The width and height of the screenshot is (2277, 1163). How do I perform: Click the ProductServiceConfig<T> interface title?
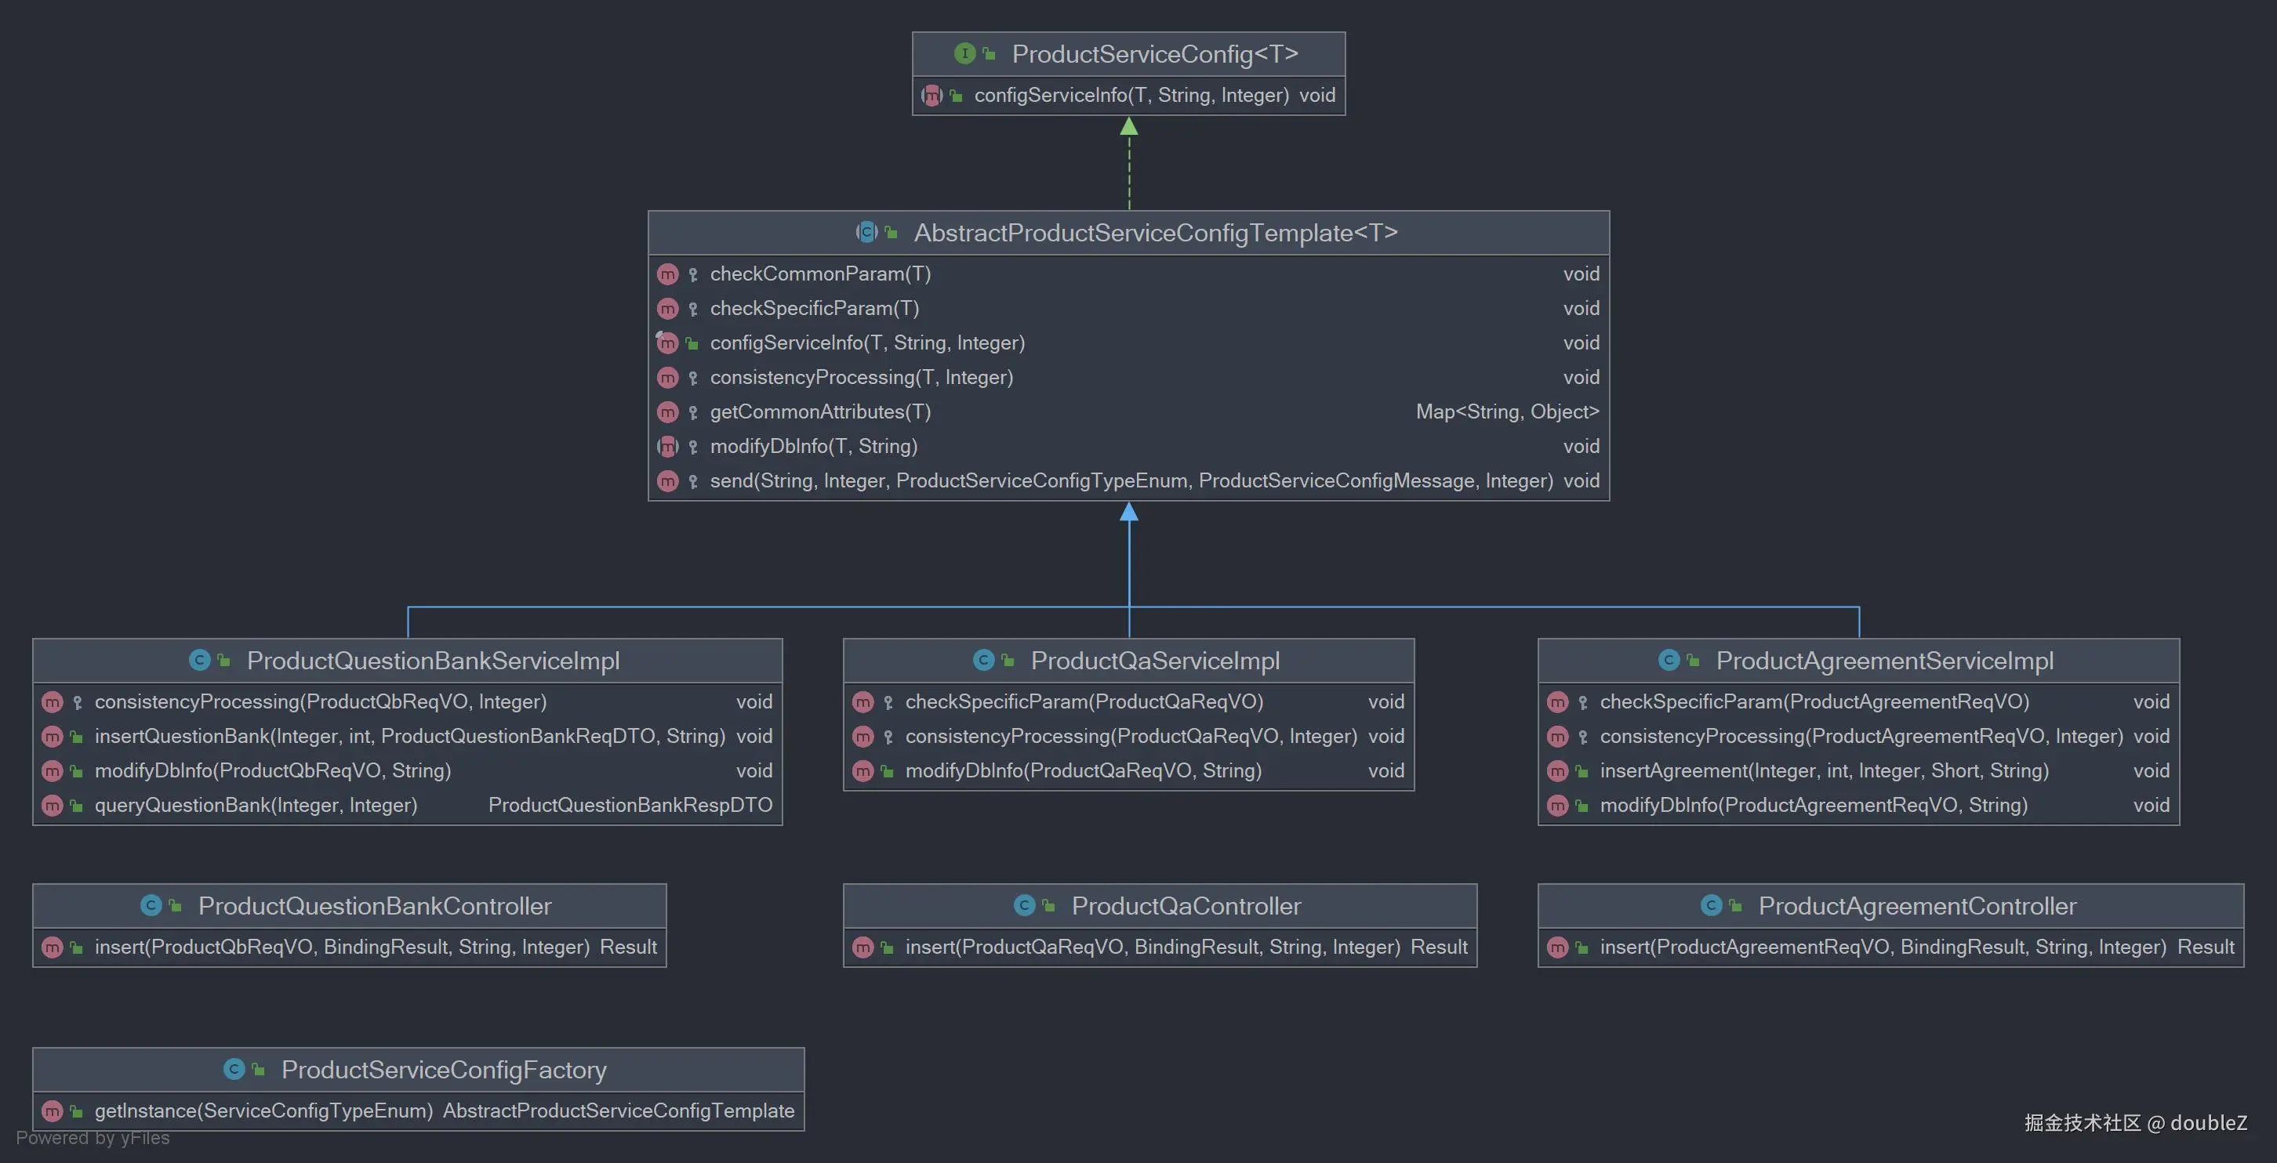(1154, 54)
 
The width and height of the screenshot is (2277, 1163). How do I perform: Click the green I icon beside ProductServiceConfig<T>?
(964, 54)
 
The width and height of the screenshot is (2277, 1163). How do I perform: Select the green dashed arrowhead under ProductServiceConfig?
(1129, 127)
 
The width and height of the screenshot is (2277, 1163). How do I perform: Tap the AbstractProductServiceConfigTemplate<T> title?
(1155, 233)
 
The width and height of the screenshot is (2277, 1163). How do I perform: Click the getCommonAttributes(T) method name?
(819, 411)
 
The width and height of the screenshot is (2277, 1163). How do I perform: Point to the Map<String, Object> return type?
(1506, 411)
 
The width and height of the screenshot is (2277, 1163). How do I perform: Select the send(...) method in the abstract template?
(1131, 480)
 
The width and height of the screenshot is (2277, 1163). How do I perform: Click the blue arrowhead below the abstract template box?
(1129, 513)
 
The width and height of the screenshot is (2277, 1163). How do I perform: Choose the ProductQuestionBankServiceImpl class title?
(432, 661)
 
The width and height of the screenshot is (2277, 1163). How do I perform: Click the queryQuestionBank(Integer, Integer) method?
(256, 805)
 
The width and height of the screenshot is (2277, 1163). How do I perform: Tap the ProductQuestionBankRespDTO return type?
(630, 805)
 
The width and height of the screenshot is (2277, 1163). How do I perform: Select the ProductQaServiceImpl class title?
(1154, 661)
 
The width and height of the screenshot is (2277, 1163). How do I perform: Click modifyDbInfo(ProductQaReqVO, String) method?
(1083, 770)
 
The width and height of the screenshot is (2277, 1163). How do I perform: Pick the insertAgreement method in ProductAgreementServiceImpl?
(1824, 770)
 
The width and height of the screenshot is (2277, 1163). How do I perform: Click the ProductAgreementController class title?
(1916, 906)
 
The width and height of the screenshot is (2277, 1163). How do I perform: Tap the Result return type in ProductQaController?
(1438, 947)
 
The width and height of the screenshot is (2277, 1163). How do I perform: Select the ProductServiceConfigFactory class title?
(444, 1071)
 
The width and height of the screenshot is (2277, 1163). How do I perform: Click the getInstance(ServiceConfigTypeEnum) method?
(263, 1110)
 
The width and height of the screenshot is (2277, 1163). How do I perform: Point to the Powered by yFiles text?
(93, 1138)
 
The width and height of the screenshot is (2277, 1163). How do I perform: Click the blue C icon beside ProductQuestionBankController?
(151, 906)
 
